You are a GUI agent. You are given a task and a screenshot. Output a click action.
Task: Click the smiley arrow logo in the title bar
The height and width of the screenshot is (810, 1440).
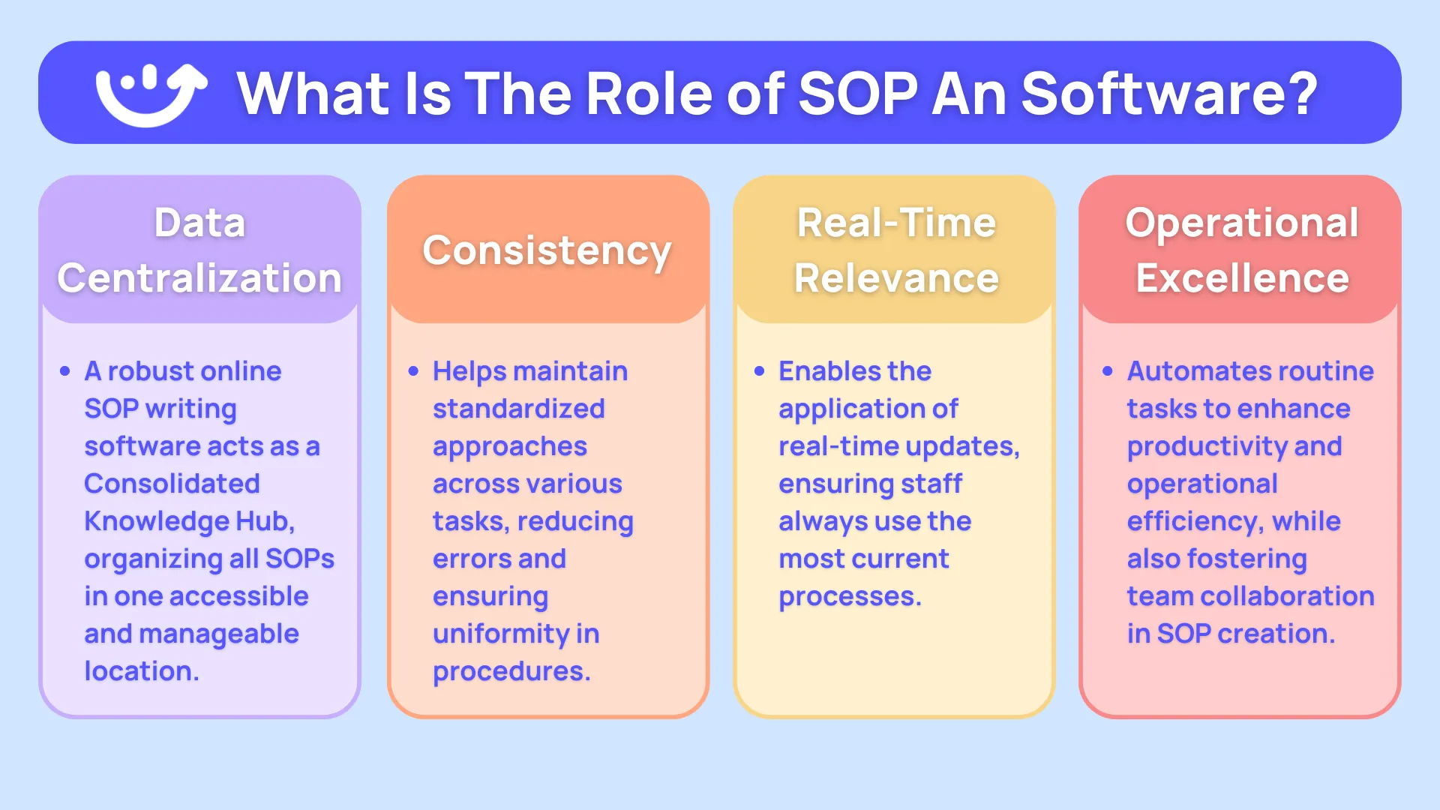150,93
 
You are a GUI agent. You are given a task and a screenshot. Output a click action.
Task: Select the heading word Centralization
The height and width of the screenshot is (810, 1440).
199,278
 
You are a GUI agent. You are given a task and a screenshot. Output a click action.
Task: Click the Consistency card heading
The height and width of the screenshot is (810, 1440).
547,250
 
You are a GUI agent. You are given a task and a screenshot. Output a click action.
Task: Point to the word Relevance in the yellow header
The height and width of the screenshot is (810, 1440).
896,278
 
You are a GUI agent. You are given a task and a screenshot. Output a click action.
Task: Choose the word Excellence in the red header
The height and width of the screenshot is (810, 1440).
1242,278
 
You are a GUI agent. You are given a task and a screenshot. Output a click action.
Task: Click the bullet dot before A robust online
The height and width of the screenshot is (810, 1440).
64,371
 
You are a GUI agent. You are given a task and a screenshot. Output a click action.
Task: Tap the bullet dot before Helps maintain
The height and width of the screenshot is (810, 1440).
413,371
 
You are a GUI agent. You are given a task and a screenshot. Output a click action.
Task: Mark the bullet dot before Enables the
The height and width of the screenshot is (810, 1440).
759,371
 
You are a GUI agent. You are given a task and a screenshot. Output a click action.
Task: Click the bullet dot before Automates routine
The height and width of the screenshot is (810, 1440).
1108,371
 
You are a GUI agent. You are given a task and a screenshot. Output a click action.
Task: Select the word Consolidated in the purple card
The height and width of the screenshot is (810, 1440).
172,484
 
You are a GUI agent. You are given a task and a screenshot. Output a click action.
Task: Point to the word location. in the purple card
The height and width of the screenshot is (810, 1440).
142,671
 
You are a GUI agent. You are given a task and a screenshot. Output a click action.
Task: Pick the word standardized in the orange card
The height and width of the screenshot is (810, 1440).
518,409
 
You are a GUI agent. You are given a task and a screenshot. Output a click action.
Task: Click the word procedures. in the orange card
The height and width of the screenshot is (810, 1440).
511,671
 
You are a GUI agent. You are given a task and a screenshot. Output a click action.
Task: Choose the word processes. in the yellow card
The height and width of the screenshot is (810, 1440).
850,596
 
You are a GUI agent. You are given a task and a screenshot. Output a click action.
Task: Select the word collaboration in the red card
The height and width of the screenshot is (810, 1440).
1287,596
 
